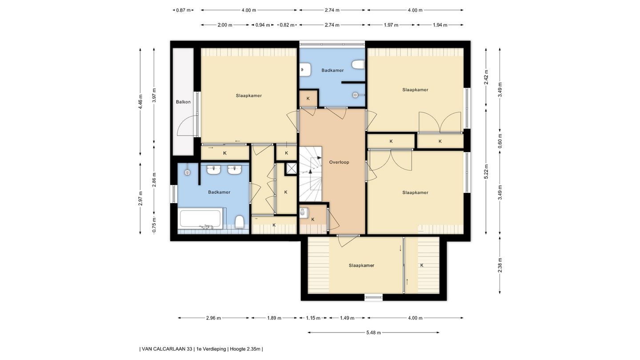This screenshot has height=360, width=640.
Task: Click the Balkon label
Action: pyautogui.click(x=183, y=102)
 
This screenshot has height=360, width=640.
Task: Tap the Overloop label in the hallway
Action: pyautogui.click(x=339, y=162)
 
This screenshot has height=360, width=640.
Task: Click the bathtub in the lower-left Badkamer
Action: pyautogui.click(x=200, y=219)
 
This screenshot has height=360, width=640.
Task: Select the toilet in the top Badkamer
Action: pyautogui.click(x=358, y=64)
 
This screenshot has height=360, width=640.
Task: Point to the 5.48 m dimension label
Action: pyautogui.click(x=373, y=332)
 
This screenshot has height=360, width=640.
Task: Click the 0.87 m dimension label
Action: pyautogui.click(x=183, y=10)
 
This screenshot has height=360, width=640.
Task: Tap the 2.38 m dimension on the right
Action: pyautogui.click(x=500, y=265)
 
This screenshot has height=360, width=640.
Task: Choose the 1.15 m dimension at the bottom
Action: pyautogui.click(x=313, y=318)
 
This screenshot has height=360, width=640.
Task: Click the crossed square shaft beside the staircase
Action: pyautogui.click(x=292, y=168)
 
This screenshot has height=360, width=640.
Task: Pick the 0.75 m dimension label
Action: pyautogui.click(x=154, y=225)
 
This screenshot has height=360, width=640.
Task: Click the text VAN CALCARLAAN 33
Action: pyautogui.click(x=167, y=349)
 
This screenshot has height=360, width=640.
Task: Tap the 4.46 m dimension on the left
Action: pyautogui.click(x=140, y=102)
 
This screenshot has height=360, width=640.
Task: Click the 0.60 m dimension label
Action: pyautogui.click(x=500, y=141)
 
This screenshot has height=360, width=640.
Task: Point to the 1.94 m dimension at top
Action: pyautogui.click(x=440, y=25)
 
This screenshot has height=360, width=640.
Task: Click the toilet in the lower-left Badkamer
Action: pyautogui.click(x=240, y=222)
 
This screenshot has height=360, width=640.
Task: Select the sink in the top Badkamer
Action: pyautogui.click(x=305, y=69)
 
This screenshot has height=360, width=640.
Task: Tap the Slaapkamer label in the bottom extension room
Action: pyautogui.click(x=361, y=265)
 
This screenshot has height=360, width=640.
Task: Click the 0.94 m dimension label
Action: pyautogui.click(x=263, y=25)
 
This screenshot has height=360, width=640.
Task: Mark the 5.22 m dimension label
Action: pyautogui.click(x=486, y=172)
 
